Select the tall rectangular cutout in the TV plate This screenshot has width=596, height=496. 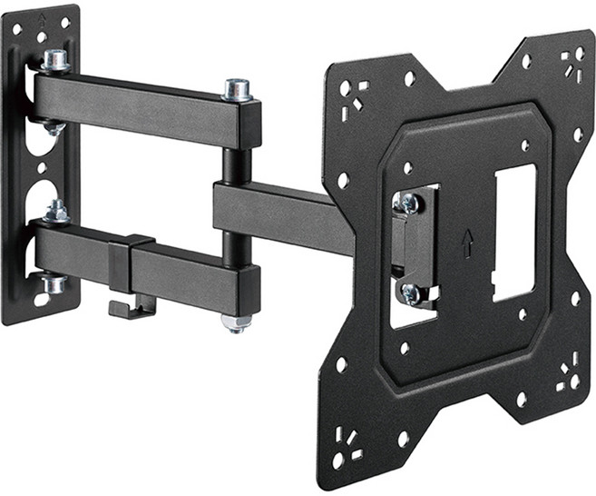(x=514, y=233)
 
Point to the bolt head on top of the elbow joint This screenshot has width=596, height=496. (x=238, y=89)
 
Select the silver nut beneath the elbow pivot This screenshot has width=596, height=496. (x=234, y=322)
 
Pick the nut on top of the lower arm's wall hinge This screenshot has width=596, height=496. (x=56, y=213)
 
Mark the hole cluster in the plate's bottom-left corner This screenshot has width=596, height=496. (x=344, y=444)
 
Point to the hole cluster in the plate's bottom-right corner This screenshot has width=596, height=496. (x=569, y=374)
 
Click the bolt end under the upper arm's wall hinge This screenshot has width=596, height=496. (x=54, y=128)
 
